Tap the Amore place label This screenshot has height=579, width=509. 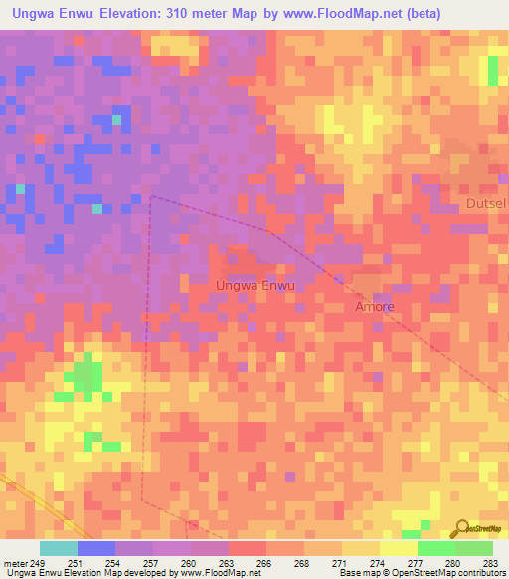(375, 307)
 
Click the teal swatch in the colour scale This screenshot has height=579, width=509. (58, 548)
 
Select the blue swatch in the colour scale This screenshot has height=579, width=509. (95, 548)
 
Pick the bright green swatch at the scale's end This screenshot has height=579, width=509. (473, 548)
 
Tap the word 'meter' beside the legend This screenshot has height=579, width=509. (17, 562)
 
